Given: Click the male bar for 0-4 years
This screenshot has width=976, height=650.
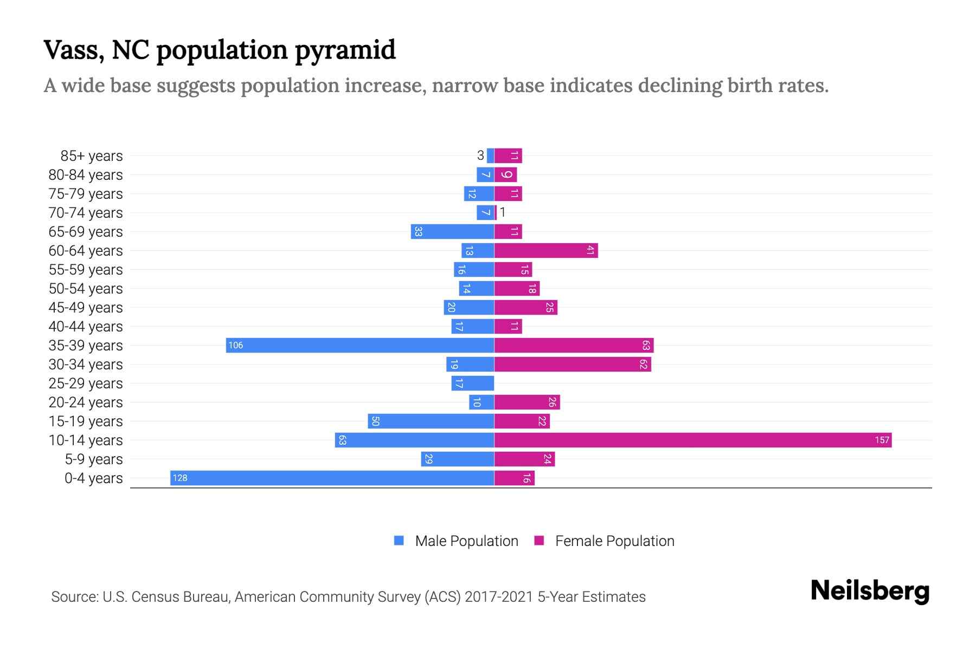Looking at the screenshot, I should point(332,478).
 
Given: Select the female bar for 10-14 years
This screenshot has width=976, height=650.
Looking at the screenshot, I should point(693,440).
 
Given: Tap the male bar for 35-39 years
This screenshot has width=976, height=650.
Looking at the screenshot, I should point(360,345).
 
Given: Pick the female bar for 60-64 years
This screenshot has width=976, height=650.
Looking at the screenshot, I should point(546,250).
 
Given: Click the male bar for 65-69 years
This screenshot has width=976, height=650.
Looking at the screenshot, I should point(452,231).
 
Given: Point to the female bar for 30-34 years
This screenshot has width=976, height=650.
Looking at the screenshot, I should point(573,364).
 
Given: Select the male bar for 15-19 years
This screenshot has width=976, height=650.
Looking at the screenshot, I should point(431,421).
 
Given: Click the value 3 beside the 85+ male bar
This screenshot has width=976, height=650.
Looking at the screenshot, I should point(480,155).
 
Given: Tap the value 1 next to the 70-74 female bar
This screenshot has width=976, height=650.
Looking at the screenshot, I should point(503,212).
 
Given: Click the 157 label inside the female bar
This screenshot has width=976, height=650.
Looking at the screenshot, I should point(882,440).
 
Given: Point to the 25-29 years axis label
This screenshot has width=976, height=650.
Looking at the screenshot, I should point(86,383).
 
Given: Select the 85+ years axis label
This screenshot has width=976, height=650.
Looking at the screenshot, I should point(92,155).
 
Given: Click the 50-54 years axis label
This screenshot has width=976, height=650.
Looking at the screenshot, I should point(86,288).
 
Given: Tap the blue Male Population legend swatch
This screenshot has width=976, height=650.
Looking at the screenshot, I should point(399,541).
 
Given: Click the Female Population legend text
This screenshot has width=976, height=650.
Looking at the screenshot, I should point(614,541).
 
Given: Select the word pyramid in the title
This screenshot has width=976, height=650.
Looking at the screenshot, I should point(345,50).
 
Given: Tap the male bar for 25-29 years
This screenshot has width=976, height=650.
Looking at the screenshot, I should point(472,383).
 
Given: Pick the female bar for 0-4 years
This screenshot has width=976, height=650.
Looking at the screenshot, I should point(515,478).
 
